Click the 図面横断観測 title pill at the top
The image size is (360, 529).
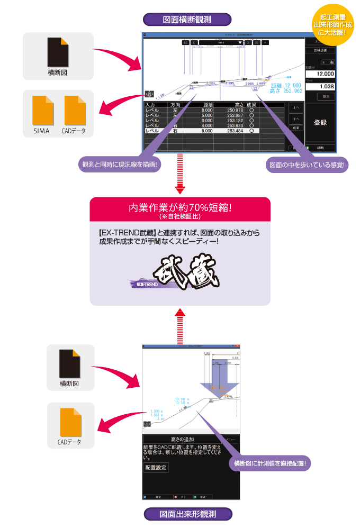(187, 20)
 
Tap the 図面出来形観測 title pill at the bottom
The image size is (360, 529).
(187, 514)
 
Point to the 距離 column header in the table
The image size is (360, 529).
(207, 105)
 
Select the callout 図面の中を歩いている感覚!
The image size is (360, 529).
(307, 165)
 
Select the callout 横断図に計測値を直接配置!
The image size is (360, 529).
(269, 463)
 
